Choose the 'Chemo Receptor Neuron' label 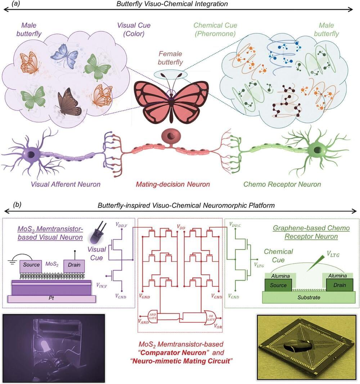pos(282,184)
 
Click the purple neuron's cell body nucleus pos(32,154)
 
